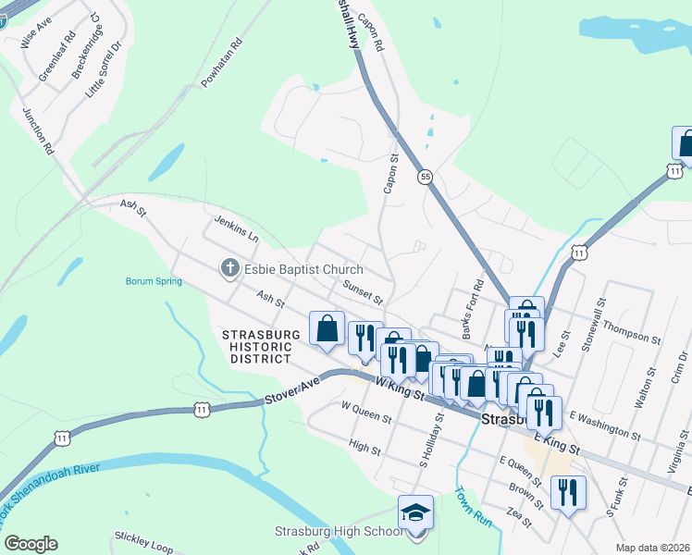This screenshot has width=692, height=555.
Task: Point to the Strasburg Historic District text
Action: point(261,346)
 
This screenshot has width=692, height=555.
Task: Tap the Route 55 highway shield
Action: point(425,176)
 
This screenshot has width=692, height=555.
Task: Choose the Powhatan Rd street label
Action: point(222,63)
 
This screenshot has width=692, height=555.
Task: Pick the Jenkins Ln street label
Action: point(236,228)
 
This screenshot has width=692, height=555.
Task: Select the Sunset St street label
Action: point(362,292)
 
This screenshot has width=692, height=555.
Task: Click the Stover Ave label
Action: point(291,390)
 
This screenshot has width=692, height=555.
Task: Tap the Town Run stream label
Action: point(468,504)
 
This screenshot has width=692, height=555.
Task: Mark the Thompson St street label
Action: point(631,332)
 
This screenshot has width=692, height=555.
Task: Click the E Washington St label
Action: point(606,425)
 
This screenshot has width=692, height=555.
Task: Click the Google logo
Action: point(31,544)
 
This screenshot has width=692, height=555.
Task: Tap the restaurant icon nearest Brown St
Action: point(567,491)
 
